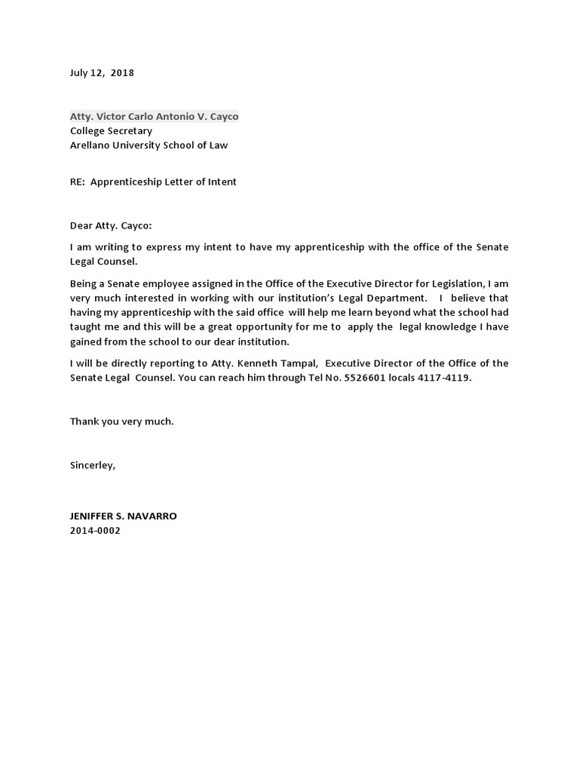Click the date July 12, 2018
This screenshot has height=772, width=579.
click(x=102, y=73)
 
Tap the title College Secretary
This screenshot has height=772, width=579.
click(x=111, y=131)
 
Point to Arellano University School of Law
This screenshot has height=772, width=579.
click(x=149, y=146)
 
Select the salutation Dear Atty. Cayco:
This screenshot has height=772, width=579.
click(x=111, y=225)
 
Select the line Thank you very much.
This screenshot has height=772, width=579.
click(x=122, y=421)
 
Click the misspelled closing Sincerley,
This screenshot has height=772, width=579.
click(x=93, y=465)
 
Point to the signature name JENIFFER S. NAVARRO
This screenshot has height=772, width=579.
click(x=124, y=516)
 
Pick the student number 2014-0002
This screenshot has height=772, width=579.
click(x=95, y=531)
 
